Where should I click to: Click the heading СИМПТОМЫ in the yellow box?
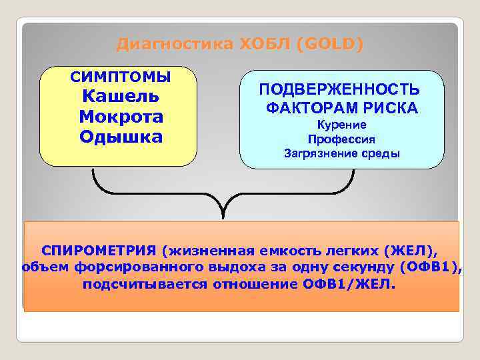tap(121, 77)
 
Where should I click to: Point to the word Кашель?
tap(121, 96)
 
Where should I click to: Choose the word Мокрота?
tap(121, 117)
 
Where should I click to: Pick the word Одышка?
tap(121, 137)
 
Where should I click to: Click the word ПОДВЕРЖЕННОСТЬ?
tap(340, 89)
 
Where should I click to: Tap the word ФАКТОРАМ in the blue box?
tap(311, 107)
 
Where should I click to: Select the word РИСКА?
tap(389, 107)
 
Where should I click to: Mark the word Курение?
tap(341, 125)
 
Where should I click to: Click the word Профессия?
tap(341, 140)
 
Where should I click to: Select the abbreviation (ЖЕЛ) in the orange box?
tap(409, 251)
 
